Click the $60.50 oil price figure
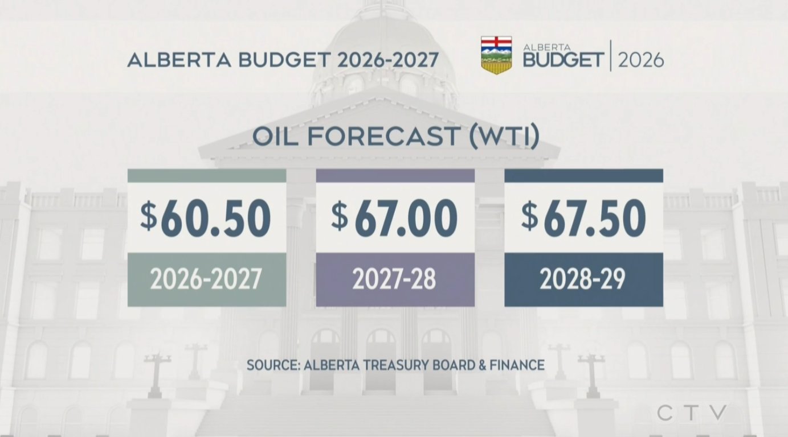point(206,218)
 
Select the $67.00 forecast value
point(394,218)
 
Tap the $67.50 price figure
point(583,218)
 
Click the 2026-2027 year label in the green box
point(206,279)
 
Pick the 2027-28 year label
point(394,279)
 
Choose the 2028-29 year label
point(582,279)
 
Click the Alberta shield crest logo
point(496,55)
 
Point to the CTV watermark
point(692,413)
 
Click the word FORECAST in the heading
point(384,137)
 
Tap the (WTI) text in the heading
point(504,137)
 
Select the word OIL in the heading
point(275,137)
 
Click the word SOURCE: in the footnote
point(273,365)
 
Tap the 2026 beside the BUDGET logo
point(641,60)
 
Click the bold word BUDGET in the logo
point(564,60)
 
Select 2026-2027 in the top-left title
point(388,60)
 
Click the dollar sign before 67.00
point(340,216)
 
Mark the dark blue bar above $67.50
point(583,176)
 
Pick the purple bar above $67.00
point(395,176)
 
